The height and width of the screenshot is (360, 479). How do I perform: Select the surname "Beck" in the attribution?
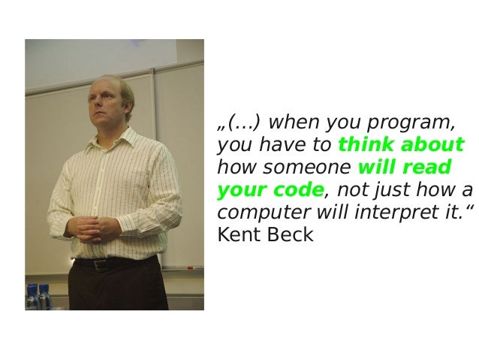290,235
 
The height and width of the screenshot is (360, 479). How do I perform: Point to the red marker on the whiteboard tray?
189,267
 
